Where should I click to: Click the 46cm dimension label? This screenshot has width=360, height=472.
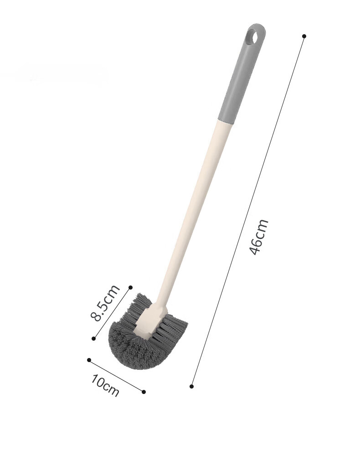(259, 237)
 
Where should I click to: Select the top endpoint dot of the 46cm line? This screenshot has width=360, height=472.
(304, 36)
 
